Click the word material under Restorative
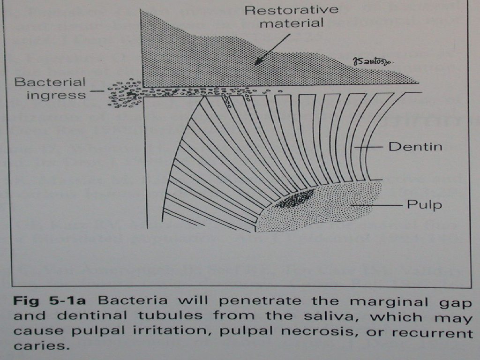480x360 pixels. click(291, 23)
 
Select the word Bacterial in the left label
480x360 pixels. click(50, 82)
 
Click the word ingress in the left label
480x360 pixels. click(56, 95)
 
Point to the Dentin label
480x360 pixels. click(415, 147)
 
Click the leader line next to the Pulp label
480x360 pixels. click(375, 205)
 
